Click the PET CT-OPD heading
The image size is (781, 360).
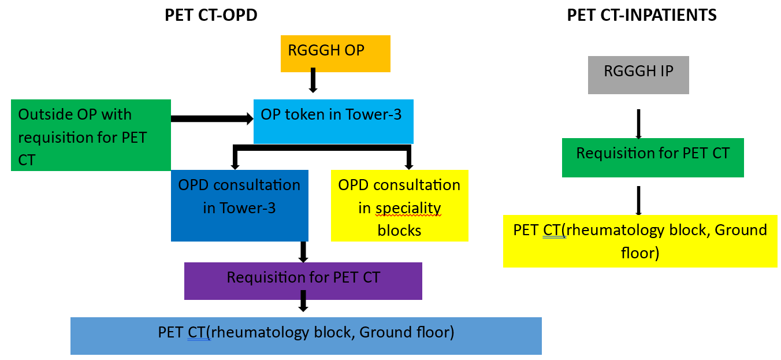click(211, 15)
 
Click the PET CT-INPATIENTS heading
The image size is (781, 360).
click(642, 15)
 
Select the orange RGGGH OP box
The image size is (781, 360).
click(336, 54)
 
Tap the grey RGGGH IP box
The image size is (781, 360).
click(638, 75)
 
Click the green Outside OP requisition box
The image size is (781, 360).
click(91, 135)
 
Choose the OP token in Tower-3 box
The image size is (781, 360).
click(333, 121)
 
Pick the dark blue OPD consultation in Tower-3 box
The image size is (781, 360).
click(240, 206)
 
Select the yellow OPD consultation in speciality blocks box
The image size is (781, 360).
click(400, 206)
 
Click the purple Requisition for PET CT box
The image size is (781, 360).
click(303, 281)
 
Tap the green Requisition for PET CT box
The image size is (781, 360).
click(653, 158)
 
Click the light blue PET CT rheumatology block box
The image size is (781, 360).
click(306, 336)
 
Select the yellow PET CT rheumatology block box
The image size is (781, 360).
click(640, 241)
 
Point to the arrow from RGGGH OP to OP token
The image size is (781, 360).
click(313, 80)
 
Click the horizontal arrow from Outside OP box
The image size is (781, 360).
click(212, 118)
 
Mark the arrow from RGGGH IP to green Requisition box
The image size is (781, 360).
click(638, 124)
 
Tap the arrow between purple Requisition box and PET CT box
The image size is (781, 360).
click(303, 300)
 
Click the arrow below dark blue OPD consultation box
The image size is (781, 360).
click(303, 252)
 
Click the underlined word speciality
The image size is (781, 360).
click(408, 209)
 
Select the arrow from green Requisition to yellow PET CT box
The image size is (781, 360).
click(638, 201)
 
